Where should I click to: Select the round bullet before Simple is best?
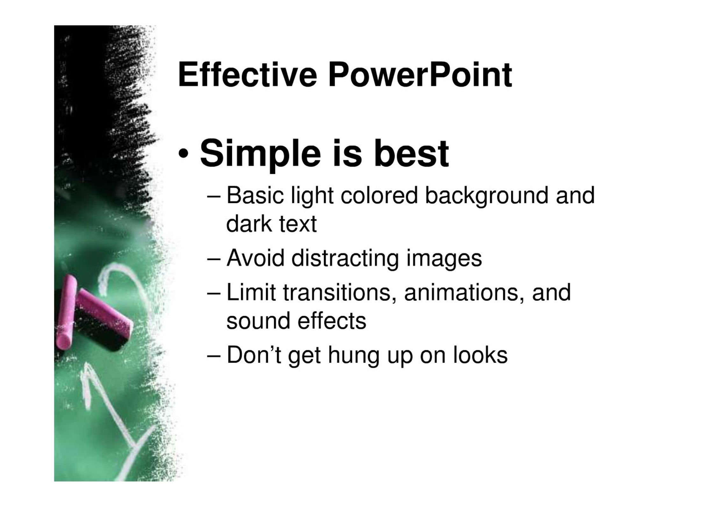coord(183,154)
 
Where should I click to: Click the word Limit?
coord(251,292)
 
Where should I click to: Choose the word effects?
coord(332,321)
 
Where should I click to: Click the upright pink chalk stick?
coord(67,313)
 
